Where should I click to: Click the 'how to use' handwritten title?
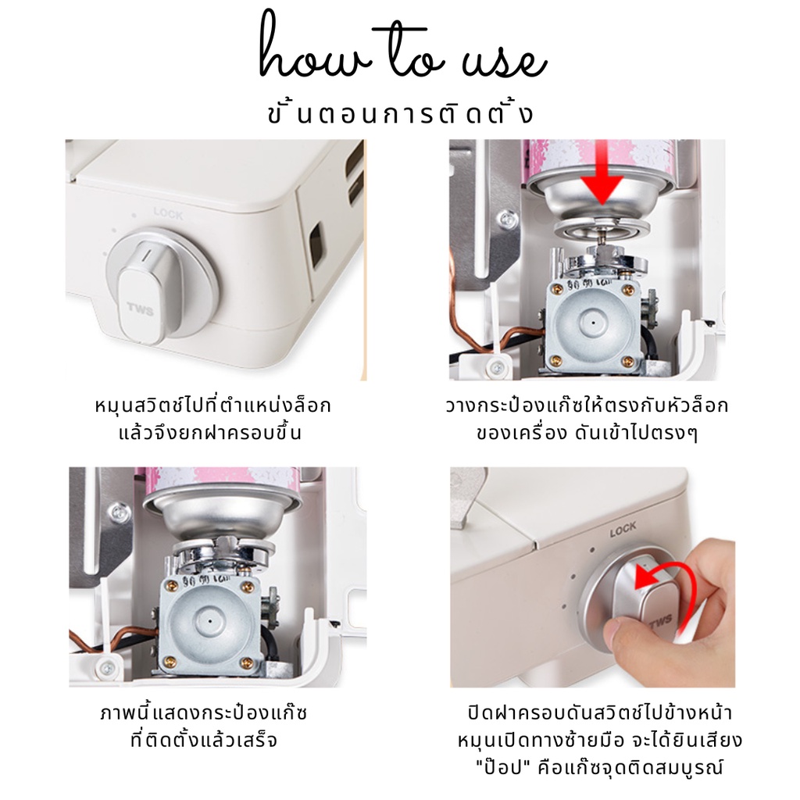pyautogui.click(x=403, y=48)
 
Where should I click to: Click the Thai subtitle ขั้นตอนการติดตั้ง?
pyautogui.click(x=400, y=112)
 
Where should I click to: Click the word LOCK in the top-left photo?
pyautogui.click(x=168, y=213)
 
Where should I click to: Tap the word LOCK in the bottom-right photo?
pyautogui.click(x=623, y=530)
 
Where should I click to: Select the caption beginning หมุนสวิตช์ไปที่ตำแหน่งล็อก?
pyautogui.click(x=212, y=419)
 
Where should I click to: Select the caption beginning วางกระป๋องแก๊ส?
pyautogui.click(x=587, y=419)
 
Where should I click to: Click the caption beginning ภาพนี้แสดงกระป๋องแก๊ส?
pyautogui.click(x=204, y=726)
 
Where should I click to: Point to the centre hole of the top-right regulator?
pyautogui.click(x=593, y=323)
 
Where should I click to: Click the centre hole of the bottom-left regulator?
pyautogui.click(x=209, y=621)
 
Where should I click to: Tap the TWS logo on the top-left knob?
pyautogui.click(x=140, y=309)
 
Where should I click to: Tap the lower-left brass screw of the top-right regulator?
pyautogui.click(x=556, y=361)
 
